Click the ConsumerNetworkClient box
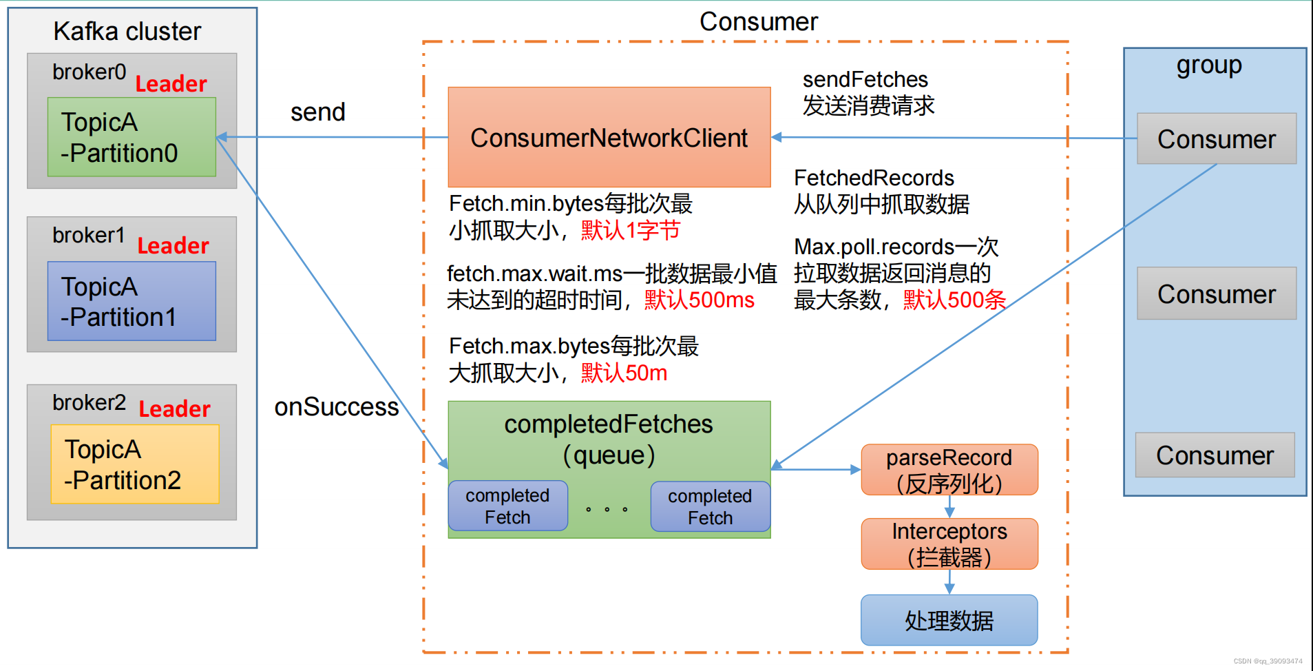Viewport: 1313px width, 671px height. (609, 137)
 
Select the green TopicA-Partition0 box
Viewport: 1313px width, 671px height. (132, 137)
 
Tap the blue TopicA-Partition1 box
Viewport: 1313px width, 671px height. (132, 301)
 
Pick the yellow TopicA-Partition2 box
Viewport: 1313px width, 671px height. (135, 464)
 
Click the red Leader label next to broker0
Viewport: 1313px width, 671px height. (171, 84)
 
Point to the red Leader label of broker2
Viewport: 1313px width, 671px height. (174, 409)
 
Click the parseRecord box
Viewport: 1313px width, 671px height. (949, 470)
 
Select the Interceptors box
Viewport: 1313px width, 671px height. (949, 544)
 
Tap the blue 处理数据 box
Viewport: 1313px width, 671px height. (949, 620)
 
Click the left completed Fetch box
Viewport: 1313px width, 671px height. (507, 506)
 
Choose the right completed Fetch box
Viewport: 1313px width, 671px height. (710, 507)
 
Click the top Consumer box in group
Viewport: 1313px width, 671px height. (1216, 139)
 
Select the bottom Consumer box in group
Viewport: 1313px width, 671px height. (1215, 455)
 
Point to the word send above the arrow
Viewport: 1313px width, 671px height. (317, 112)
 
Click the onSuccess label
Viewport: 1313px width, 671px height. (336, 407)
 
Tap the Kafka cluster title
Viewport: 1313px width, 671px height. (127, 32)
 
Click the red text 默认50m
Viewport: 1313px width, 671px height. (624, 373)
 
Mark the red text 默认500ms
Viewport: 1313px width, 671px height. (699, 300)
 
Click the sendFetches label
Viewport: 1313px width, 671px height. (865, 80)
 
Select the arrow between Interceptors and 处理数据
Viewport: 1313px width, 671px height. (949, 581)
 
